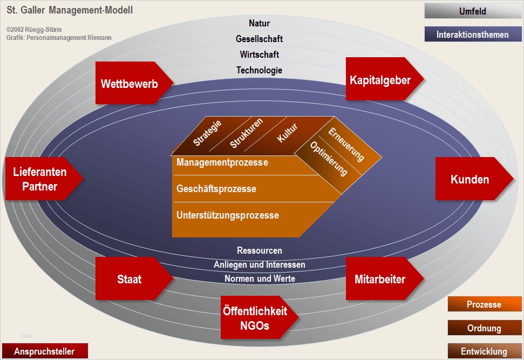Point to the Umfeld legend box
click(x=473, y=11)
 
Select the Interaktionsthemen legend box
click(x=473, y=35)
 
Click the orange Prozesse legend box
click(x=484, y=304)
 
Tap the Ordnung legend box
click(x=484, y=328)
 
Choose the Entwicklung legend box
click(x=484, y=351)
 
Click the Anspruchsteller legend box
click(x=44, y=351)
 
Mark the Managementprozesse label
click(x=222, y=162)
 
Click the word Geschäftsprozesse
click(x=216, y=189)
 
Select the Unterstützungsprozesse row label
click(x=228, y=215)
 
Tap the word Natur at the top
click(x=259, y=23)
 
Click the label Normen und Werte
click(x=260, y=279)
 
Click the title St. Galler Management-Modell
click(x=70, y=10)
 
